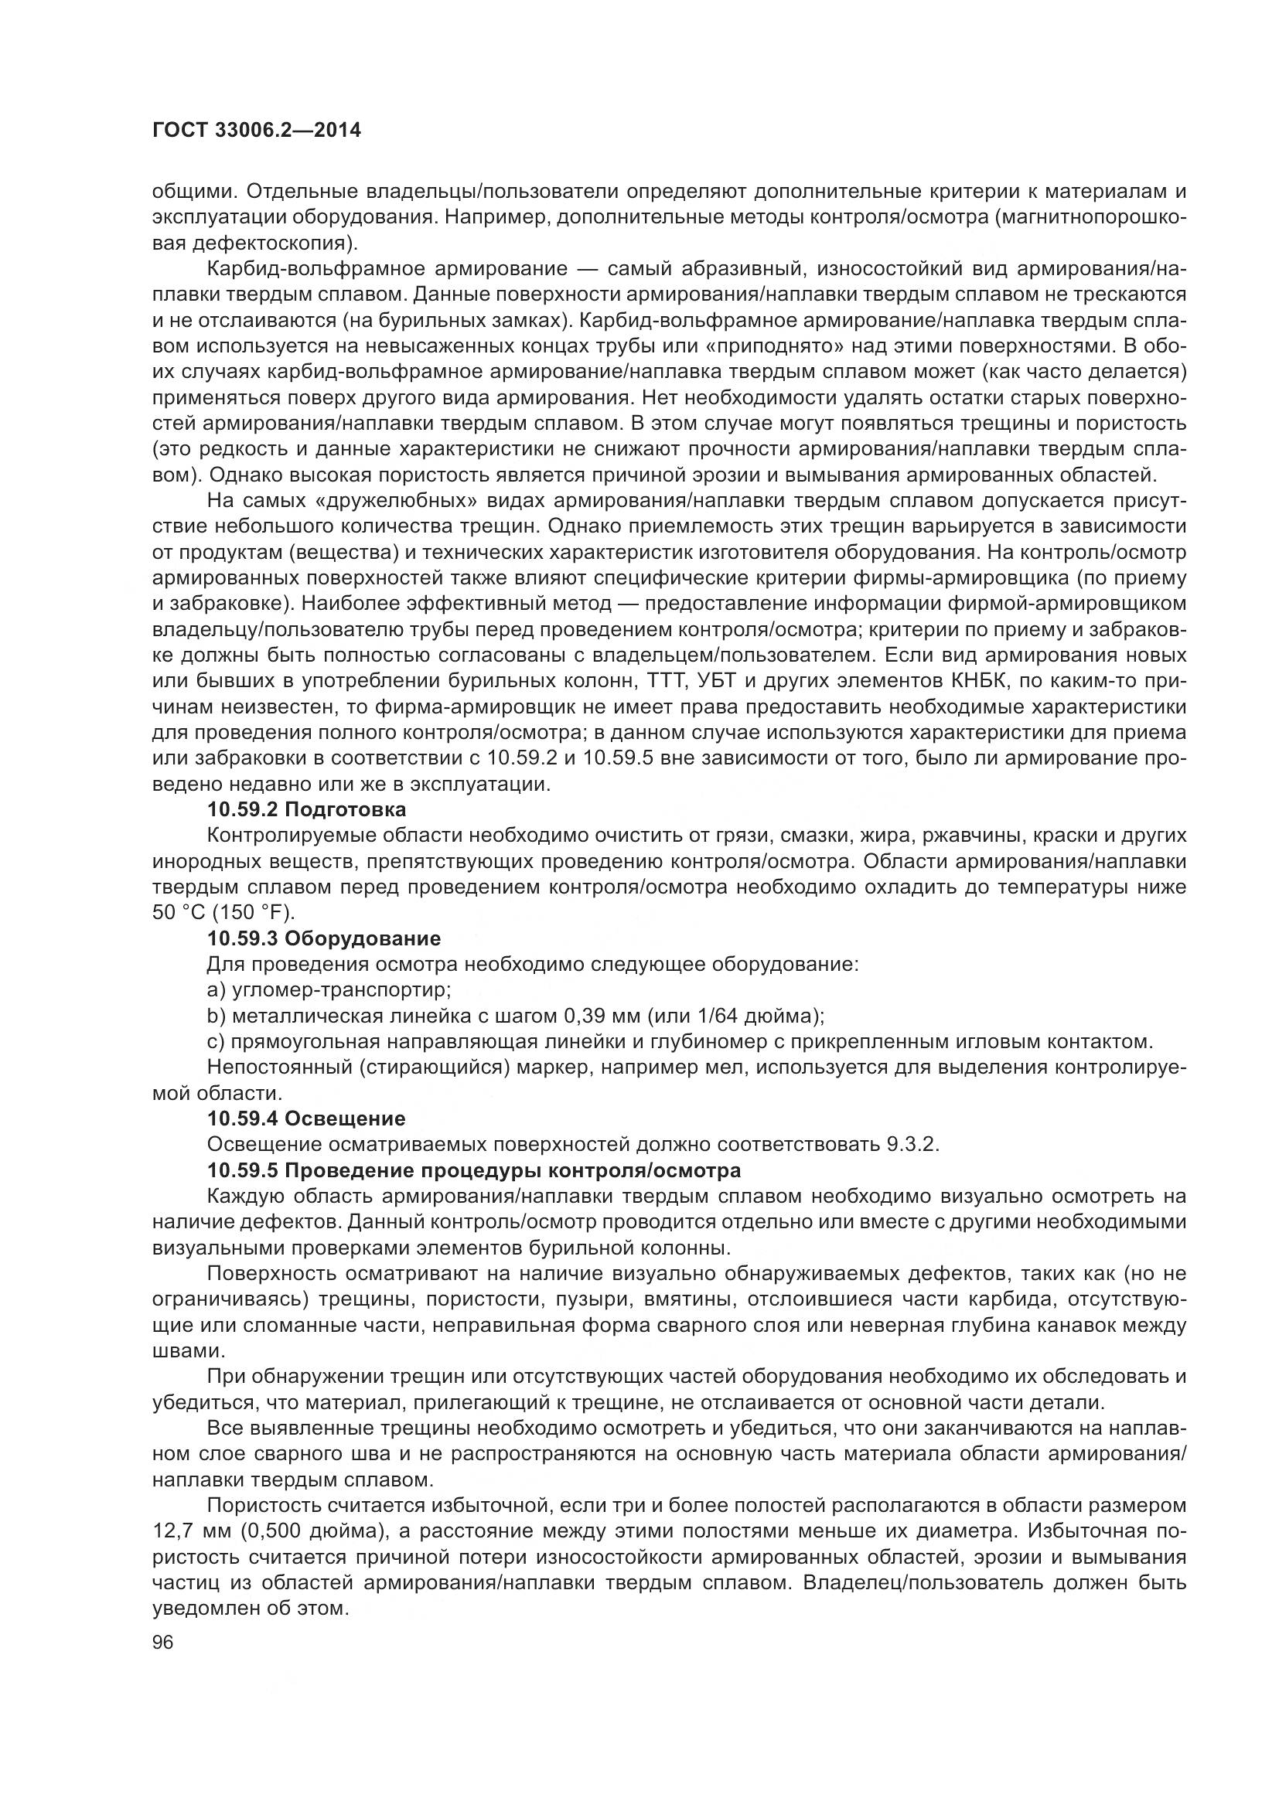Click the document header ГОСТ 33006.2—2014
coord(256,130)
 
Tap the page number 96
coord(163,1621)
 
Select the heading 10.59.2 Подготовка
coord(307,809)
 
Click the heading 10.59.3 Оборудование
coord(324,938)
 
